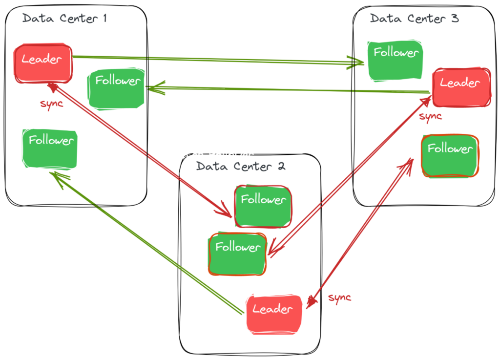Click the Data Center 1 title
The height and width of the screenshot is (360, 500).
64,19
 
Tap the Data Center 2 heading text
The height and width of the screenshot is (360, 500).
241,166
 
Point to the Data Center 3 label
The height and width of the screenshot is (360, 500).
414,19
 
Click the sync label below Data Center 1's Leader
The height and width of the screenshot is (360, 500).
51,104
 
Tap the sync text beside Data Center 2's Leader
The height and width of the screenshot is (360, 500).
339,297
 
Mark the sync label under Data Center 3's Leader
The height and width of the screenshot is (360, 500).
430,116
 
